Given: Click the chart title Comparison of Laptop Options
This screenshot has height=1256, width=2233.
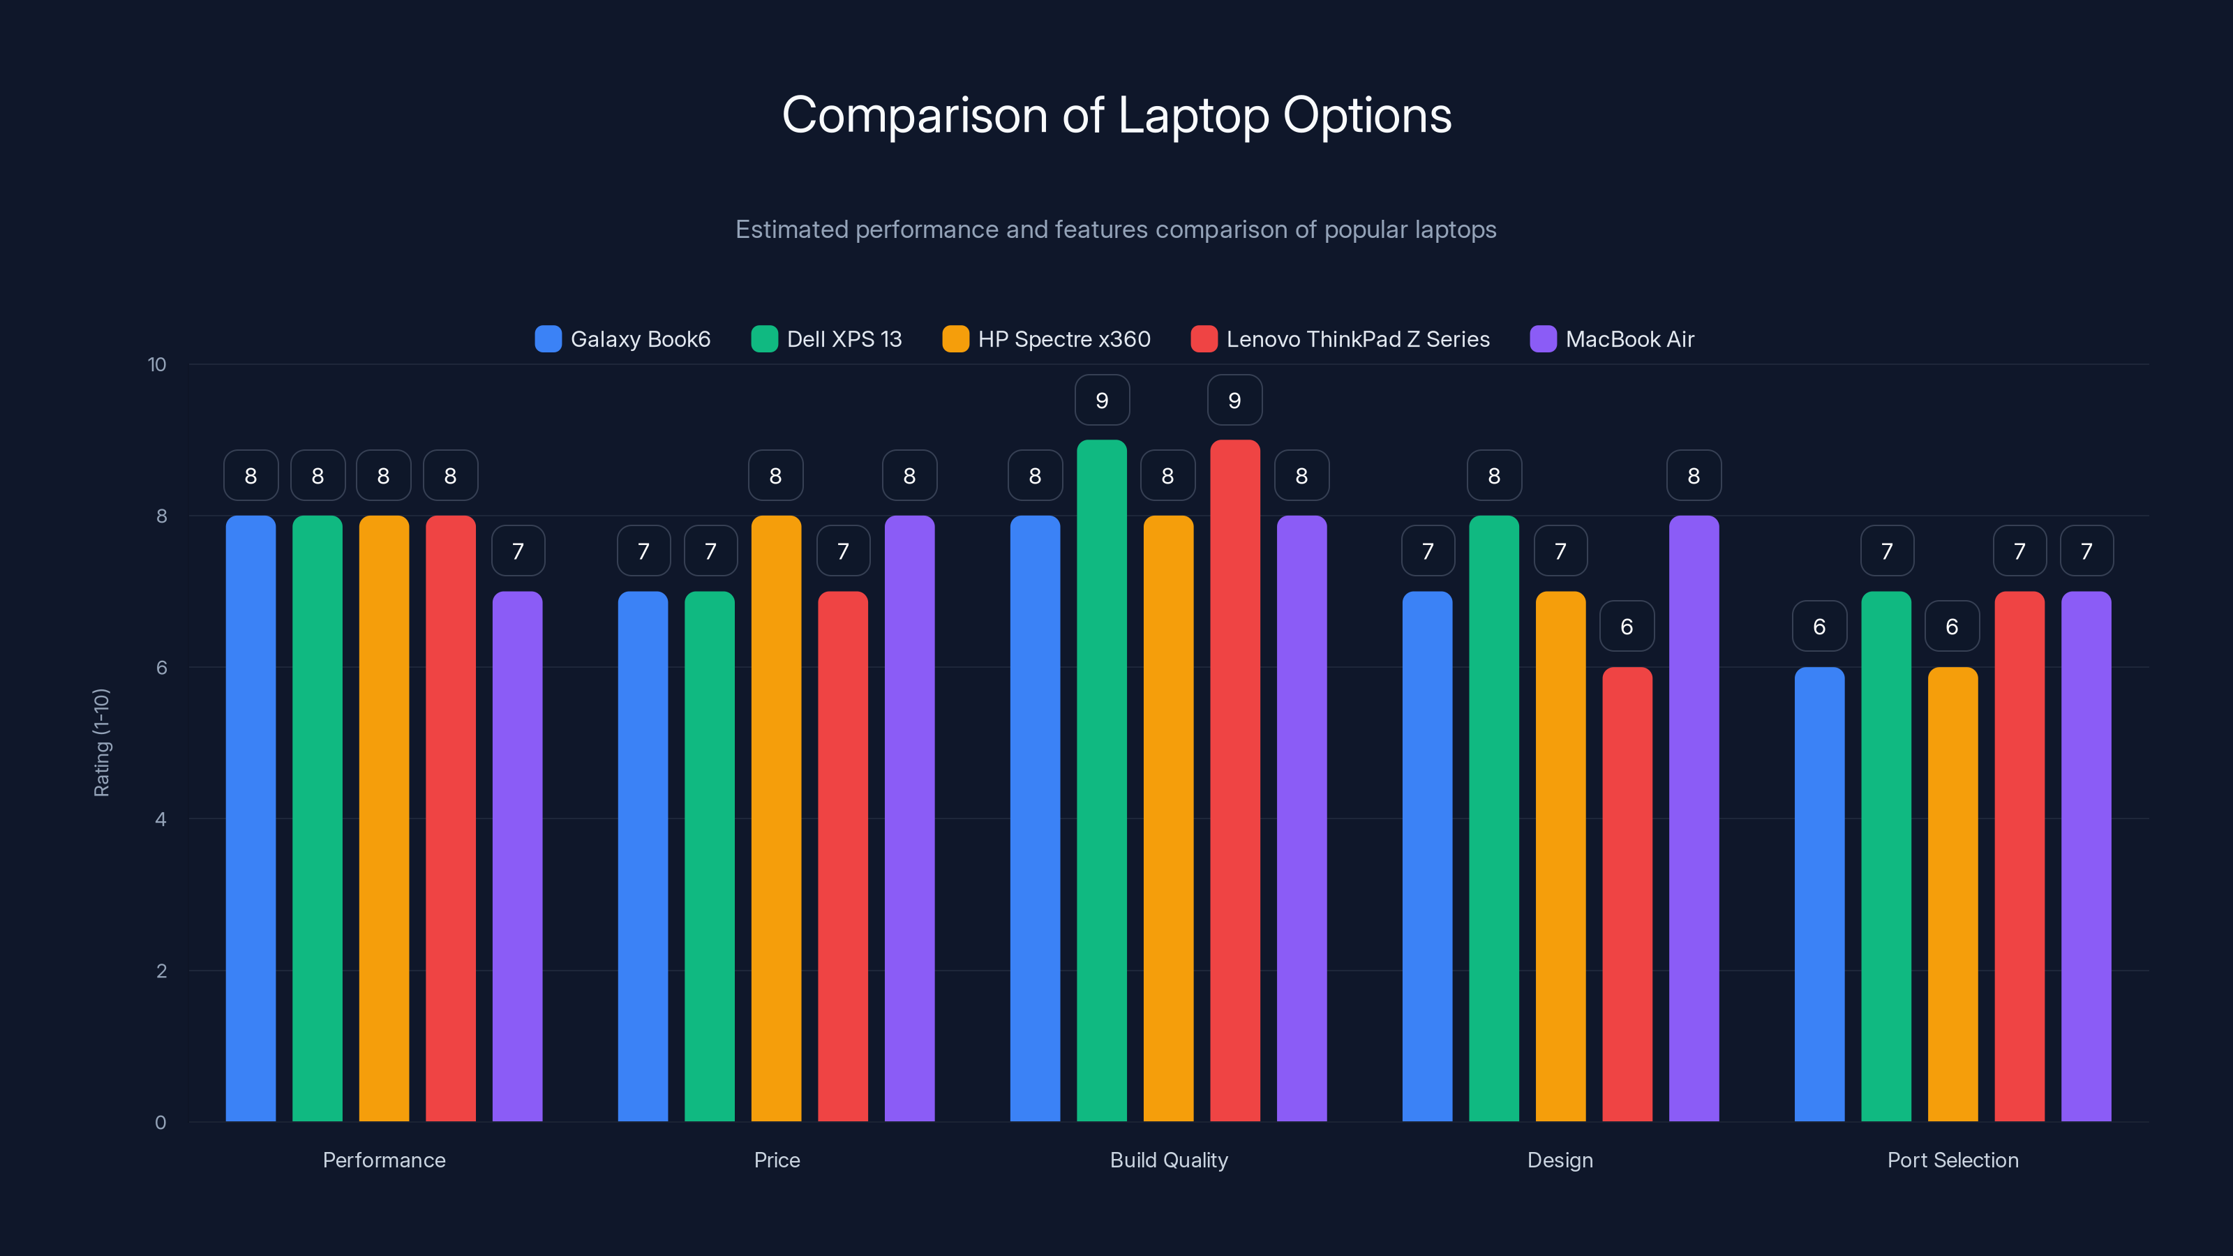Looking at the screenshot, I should pyautogui.click(x=1116, y=115).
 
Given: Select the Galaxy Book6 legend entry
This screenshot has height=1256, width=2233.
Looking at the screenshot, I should pyautogui.click(x=623, y=339).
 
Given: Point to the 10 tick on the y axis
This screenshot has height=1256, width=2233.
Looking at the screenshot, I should pyautogui.click(x=157, y=365).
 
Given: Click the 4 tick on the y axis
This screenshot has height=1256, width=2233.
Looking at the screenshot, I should pyautogui.click(x=160, y=819).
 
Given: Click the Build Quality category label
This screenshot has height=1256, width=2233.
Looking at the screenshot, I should pyautogui.click(x=1169, y=1160).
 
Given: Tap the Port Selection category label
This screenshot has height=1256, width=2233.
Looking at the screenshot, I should pyautogui.click(x=1952, y=1160).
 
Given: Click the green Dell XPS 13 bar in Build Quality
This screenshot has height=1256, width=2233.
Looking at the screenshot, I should pyautogui.click(x=1102, y=780).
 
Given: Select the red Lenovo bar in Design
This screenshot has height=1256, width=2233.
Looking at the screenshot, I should pyautogui.click(x=1627, y=894).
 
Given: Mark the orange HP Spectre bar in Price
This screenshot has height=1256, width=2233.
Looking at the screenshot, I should pyautogui.click(x=776, y=818).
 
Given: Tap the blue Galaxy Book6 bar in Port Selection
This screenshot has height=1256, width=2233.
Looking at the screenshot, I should pyautogui.click(x=1818, y=894).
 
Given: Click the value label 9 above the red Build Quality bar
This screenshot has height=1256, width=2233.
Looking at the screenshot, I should pyautogui.click(x=1234, y=401).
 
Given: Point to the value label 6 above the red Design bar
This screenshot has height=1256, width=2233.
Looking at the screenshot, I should pyautogui.click(x=1626, y=627).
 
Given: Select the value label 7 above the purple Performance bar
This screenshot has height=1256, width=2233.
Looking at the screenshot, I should pyautogui.click(x=518, y=551).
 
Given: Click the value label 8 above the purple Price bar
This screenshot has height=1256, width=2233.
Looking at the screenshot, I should pyautogui.click(x=909, y=476).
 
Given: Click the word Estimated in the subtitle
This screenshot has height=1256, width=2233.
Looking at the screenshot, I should pyautogui.click(x=791, y=230).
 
